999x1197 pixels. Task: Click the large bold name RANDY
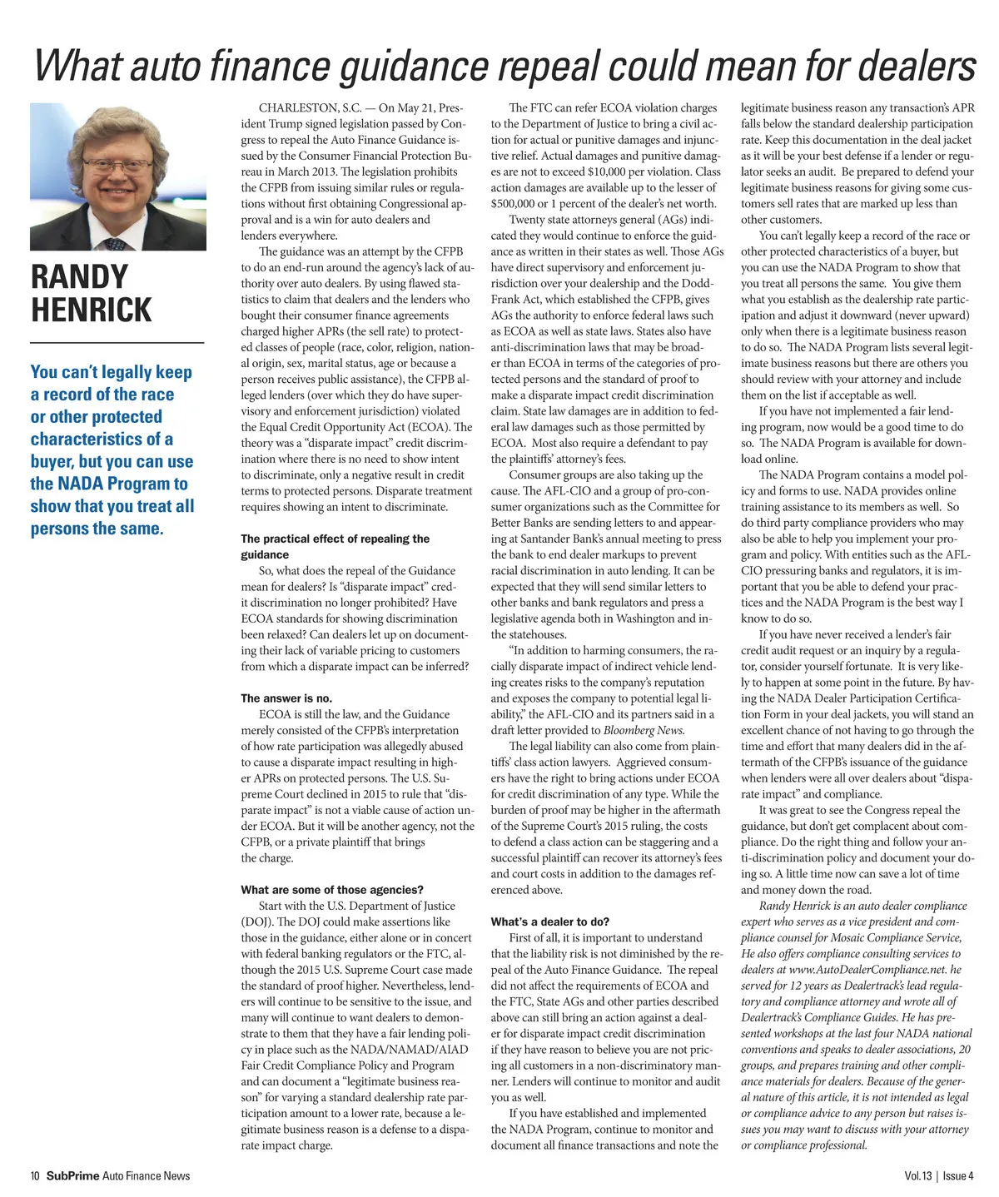click(80, 277)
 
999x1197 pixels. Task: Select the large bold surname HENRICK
click(92, 310)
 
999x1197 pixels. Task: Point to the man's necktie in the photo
click(117, 244)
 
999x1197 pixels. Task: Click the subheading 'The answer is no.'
click(286, 698)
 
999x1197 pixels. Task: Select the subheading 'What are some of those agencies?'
click(332, 890)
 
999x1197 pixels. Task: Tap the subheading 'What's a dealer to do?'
click(550, 921)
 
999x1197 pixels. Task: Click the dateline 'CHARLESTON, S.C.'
click(316, 108)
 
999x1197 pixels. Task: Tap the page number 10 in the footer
click(35, 1176)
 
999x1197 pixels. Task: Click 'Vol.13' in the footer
click(918, 1176)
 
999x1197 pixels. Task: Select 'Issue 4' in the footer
click(958, 1176)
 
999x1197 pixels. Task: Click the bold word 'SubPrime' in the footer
click(72, 1176)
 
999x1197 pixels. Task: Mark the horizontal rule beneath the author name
click(117, 342)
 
